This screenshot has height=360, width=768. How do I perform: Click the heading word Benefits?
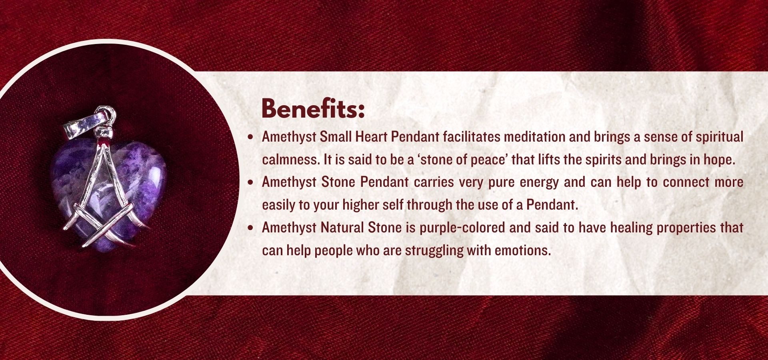(x=313, y=108)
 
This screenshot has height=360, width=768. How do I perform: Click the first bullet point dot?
(x=251, y=137)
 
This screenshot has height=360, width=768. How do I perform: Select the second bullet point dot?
(x=251, y=182)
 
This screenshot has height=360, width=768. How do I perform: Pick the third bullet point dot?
(x=251, y=228)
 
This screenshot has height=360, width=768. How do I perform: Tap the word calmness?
(x=291, y=160)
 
